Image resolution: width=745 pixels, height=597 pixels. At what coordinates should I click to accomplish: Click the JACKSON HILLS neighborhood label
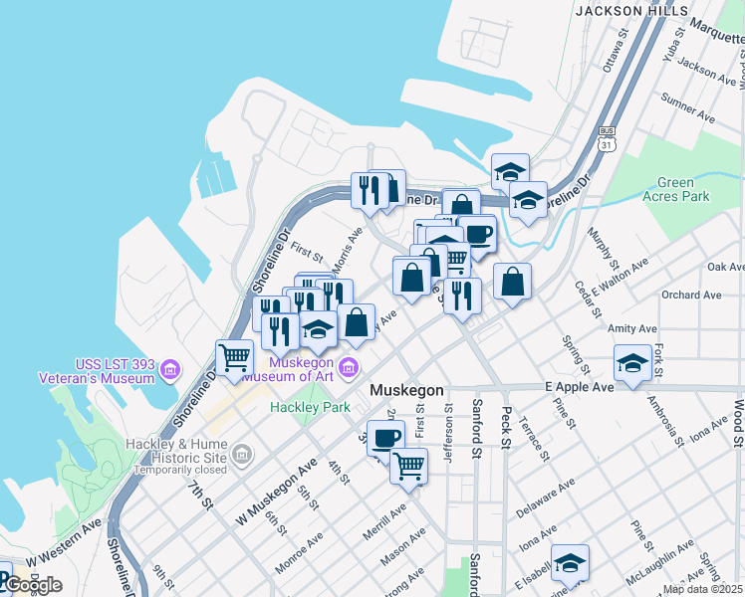pyautogui.click(x=631, y=10)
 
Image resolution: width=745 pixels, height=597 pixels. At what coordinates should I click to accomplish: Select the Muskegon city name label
pyautogui.click(x=405, y=391)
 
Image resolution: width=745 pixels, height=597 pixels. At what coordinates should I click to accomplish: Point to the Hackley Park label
pyautogui.click(x=310, y=407)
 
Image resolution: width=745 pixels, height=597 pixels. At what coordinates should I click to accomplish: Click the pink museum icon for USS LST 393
pyautogui.click(x=169, y=371)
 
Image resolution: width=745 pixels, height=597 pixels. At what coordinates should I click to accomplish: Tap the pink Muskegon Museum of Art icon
pyautogui.click(x=349, y=369)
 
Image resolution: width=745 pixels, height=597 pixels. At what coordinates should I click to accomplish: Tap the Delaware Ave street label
pyautogui.click(x=546, y=499)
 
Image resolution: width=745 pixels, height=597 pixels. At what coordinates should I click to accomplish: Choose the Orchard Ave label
pyautogui.click(x=691, y=295)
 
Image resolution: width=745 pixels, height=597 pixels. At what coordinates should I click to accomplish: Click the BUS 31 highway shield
pyautogui.click(x=606, y=138)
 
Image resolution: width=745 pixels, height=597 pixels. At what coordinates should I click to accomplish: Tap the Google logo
pyautogui.click(x=32, y=585)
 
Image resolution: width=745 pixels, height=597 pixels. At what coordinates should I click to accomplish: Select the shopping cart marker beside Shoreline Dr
pyautogui.click(x=234, y=357)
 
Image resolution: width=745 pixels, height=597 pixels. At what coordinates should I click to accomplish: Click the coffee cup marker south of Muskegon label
pyautogui.click(x=385, y=437)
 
